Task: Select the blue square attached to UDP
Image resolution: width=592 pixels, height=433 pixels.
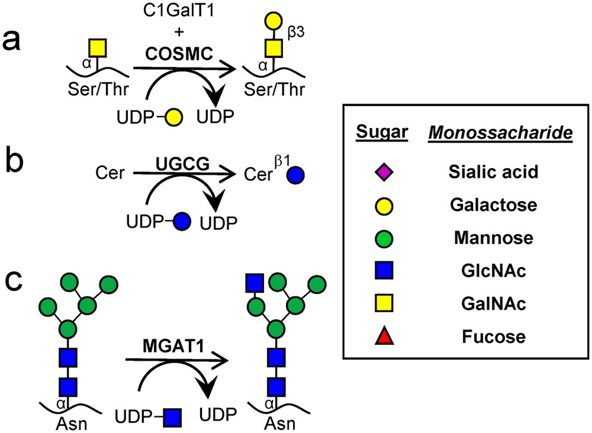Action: [x=173, y=417]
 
